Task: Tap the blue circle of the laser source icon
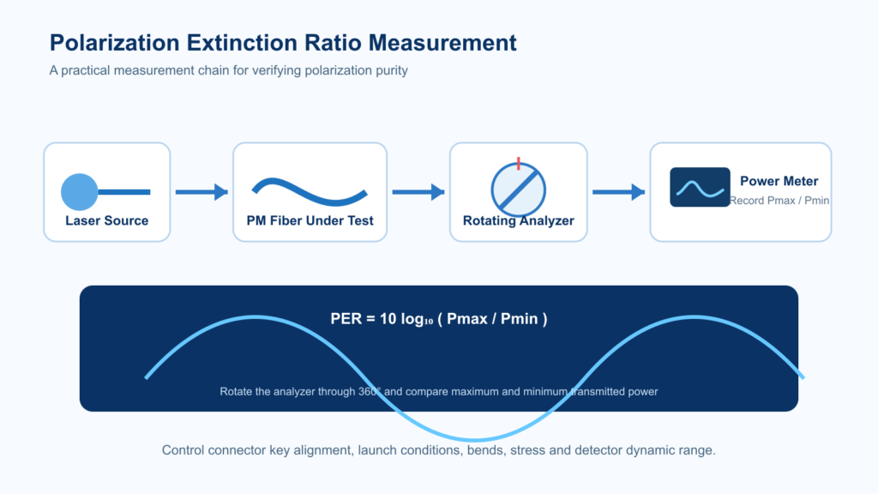80,192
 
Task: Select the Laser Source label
107,220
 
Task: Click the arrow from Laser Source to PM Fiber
201,192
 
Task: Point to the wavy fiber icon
310,192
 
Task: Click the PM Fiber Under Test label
310,220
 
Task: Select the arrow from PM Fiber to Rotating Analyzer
418,192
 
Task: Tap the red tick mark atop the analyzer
519,164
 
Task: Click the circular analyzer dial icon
519,190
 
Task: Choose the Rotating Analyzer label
519,220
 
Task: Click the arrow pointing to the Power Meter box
619,192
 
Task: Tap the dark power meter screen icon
700,187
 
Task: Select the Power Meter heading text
779,181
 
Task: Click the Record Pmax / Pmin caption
779,201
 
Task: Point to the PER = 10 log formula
439,319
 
